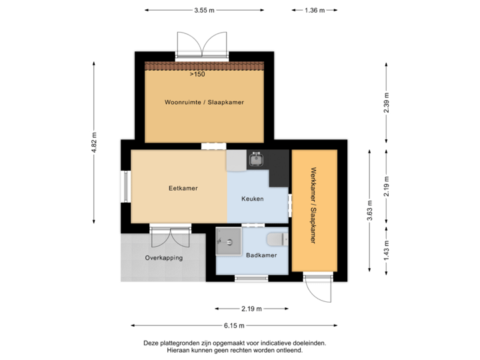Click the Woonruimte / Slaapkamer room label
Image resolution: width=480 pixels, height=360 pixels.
(x=204, y=103)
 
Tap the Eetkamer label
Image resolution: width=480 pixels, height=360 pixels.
(x=183, y=189)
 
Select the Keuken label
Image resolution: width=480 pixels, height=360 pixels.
(x=253, y=199)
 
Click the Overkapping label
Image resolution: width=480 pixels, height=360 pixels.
(x=163, y=257)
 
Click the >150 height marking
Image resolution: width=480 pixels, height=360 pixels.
(x=197, y=75)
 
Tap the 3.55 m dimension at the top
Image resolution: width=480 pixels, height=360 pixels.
(x=204, y=10)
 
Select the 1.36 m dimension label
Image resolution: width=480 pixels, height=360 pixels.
(x=314, y=10)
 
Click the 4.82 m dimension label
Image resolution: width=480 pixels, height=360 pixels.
(x=94, y=142)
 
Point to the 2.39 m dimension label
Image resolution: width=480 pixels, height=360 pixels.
(x=386, y=103)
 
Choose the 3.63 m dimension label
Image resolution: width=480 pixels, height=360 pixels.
(x=369, y=209)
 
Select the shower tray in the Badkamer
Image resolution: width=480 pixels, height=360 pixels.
(x=229, y=241)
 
